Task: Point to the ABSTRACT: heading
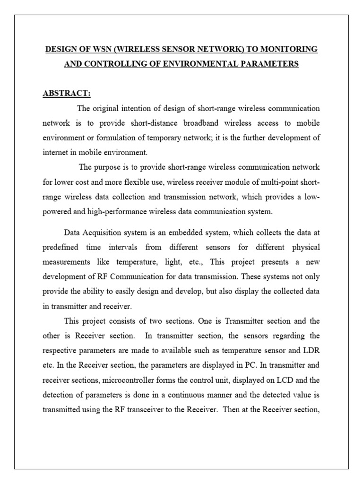(67, 93)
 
